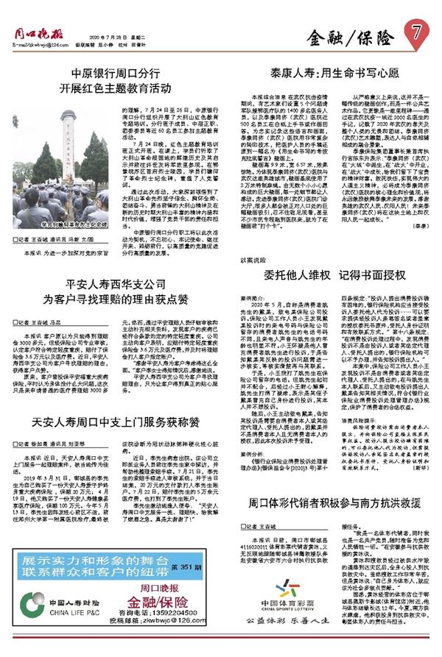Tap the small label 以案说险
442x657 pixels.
(252, 260)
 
